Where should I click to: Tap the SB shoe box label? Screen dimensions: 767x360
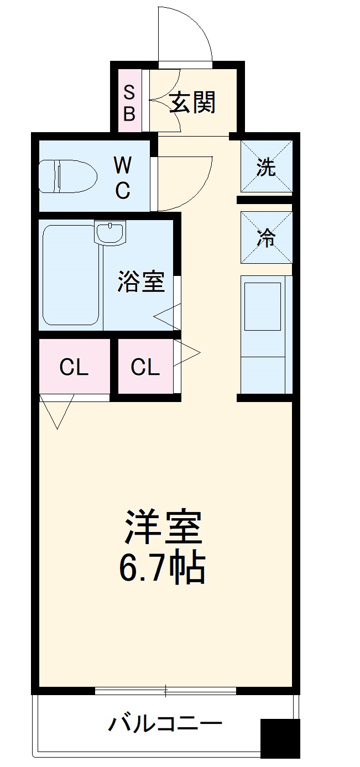(x=129, y=102)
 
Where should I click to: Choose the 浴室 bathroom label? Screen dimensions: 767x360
(x=140, y=281)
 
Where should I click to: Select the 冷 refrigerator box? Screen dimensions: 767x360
(x=266, y=238)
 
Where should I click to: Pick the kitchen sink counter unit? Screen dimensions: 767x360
(x=266, y=335)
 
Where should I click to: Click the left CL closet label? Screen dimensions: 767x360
(x=74, y=367)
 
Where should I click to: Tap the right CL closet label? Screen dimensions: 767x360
(x=145, y=367)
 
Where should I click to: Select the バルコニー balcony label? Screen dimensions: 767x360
(x=165, y=723)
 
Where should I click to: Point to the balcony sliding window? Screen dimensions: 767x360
(x=165, y=690)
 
